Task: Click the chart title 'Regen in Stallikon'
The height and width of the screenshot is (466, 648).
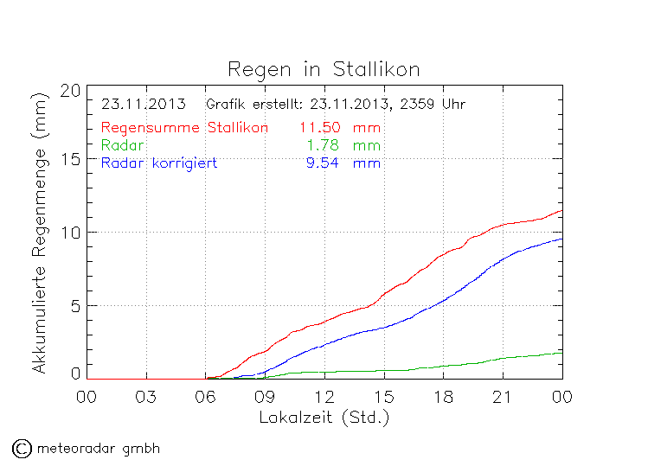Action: (x=324, y=68)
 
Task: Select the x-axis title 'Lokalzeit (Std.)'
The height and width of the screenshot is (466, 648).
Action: (x=324, y=417)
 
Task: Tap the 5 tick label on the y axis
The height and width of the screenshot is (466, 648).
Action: (x=75, y=305)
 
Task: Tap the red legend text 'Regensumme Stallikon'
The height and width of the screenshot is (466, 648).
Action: (x=184, y=127)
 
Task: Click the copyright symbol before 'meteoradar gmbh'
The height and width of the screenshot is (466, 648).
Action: (x=22, y=448)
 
